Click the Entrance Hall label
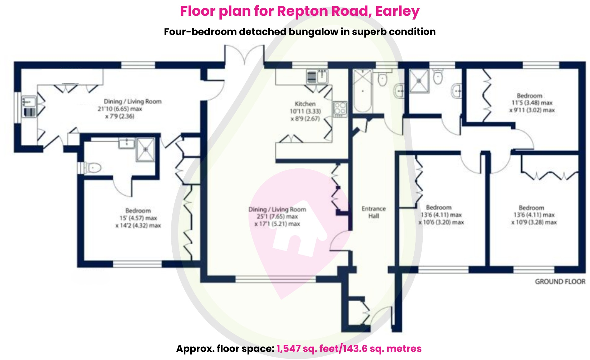point(373,212)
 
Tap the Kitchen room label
point(305,104)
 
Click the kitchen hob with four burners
point(340,109)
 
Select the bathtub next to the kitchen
point(363,91)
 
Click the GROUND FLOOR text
point(560,282)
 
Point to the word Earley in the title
point(397,11)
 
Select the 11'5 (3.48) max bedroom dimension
point(532,103)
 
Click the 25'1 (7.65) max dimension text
point(277,216)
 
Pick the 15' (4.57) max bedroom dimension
point(138,218)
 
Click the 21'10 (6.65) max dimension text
point(120,109)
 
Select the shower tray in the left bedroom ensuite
point(145,149)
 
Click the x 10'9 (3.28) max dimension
point(534,222)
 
